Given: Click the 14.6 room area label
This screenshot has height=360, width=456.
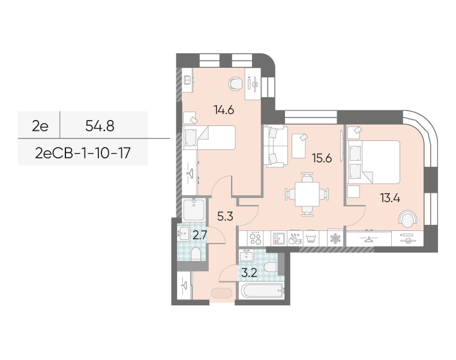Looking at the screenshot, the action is click(224, 110).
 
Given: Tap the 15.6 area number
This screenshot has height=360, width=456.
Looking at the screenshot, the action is click(322, 158).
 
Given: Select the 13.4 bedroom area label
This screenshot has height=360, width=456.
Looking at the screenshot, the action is click(390, 198).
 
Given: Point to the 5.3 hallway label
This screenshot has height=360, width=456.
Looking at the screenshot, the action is click(225, 217).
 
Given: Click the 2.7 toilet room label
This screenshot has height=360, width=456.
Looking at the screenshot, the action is click(200, 235).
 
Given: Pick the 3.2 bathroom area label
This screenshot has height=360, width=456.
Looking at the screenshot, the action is click(249, 273).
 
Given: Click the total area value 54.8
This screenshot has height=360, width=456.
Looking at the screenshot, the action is click(100, 126).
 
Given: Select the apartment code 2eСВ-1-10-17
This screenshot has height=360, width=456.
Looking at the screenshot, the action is click(83, 153).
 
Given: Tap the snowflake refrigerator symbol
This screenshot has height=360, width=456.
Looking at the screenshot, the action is click(335, 238).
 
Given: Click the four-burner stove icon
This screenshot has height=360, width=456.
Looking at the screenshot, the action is click(255, 238).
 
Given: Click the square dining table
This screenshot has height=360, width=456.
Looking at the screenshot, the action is click(307, 194).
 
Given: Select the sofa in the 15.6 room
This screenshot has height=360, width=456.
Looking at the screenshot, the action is click(275, 146).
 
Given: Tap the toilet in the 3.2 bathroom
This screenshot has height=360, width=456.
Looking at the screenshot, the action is click(271, 266).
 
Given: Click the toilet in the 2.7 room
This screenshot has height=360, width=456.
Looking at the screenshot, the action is click(196, 254).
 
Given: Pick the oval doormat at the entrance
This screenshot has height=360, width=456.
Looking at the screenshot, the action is click(221, 293).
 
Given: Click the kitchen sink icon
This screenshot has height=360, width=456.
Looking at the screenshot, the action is click(278, 238).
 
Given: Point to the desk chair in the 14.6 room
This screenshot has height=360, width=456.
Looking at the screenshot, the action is click(235, 83).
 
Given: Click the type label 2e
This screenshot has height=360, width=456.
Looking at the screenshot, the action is click(40, 126).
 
